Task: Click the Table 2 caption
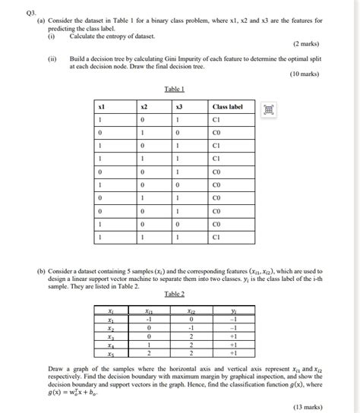pyautogui.click(x=175, y=294)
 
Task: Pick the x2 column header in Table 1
pyautogui.click(x=143, y=107)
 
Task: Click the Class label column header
pyautogui.click(x=228, y=107)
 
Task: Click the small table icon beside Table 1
pyautogui.click(x=267, y=110)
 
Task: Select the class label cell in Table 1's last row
pyautogui.click(x=217, y=237)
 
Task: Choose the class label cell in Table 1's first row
pyautogui.click(x=217, y=120)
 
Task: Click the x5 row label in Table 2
pyautogui.click(x=111, y=353)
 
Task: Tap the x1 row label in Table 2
pyautogui.click(x=111, y=319)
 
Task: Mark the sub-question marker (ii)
pyautogui.click(x=52, y=58)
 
